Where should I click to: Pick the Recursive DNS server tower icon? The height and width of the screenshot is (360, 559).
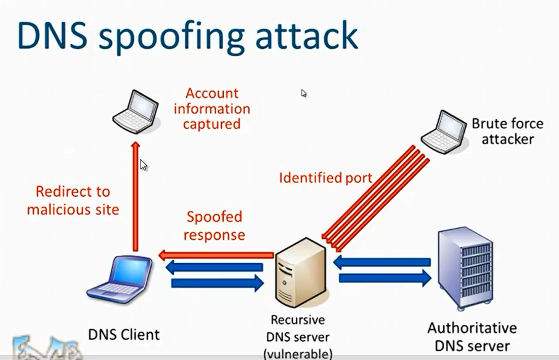click(299, 276)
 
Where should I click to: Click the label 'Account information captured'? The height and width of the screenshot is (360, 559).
click(212, 108)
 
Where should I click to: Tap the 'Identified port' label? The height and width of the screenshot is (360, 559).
click(325, 178)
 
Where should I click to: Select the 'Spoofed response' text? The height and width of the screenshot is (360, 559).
click(214, 226)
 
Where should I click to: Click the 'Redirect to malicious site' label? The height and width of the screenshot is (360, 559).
click(73, 200)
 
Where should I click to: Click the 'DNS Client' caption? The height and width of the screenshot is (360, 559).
click(123, 335)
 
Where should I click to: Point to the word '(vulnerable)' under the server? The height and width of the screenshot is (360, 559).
click(298, 353)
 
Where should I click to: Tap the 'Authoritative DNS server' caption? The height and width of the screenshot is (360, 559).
click(471, 337)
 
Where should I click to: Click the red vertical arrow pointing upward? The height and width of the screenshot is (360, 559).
click(136, 197)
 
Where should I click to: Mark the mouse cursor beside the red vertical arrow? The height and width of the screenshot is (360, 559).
click(143, 165)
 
